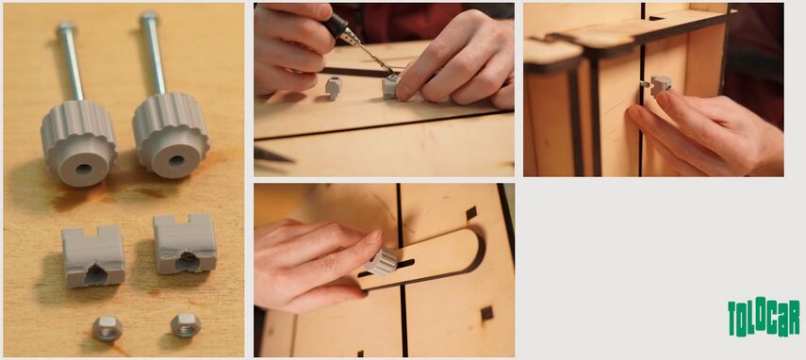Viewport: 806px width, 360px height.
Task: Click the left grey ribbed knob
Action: point(79,141)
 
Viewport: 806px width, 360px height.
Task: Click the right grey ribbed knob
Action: point(171,135)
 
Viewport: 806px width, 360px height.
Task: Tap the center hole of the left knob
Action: point(83,169)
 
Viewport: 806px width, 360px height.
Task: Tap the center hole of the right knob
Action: point(176,160)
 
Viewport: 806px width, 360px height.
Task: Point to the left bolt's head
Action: point(65,25)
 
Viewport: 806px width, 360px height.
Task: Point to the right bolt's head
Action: point(149,16)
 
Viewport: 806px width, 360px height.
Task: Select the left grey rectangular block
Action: point(93,256)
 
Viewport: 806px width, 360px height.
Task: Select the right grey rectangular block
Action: point(185,244)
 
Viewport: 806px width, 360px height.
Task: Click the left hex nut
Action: point(107,329)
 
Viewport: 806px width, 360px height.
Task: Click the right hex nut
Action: point(186,325)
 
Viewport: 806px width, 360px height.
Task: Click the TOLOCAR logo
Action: point(764,318)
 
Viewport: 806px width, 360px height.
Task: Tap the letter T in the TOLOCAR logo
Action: point(732,319)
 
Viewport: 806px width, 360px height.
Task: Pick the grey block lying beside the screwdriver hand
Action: point(334,87)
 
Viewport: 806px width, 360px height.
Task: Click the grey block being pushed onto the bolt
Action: point(661,86)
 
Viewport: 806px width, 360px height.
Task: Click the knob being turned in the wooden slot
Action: point(382,261)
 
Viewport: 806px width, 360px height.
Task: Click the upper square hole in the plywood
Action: point(471,213)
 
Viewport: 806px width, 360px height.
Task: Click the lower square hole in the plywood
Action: point(486,313)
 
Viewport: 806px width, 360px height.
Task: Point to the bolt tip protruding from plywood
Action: point(644,83)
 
